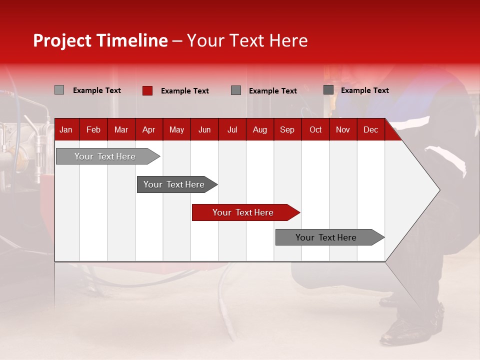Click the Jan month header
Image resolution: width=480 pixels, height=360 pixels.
point(66,130)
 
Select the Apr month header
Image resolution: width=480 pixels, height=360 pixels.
point(148,130)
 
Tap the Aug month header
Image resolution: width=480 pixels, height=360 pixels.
point(259,130)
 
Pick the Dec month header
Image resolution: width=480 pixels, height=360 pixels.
point(370,130)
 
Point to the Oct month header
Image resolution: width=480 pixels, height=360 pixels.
point(315,130)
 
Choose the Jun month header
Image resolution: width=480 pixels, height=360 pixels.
point(204,130)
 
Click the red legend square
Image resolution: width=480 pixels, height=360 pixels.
point(147,90)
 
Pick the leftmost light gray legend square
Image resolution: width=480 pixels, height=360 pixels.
point(59,90)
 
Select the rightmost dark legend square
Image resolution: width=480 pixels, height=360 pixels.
point(328,90)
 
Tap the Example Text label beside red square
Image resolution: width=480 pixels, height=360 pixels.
point(184,91)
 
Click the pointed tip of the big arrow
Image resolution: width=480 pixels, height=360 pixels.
point(439,190)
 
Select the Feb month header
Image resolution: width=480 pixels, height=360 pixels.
point(93,130)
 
